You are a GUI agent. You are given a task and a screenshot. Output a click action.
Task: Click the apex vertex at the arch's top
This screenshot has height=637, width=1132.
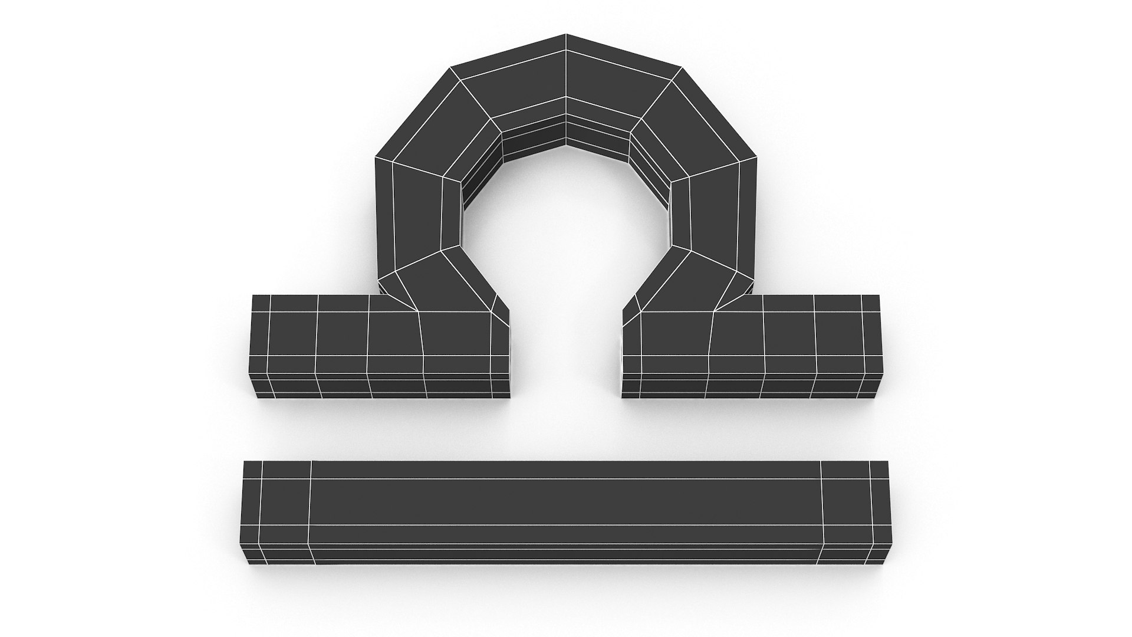pyautogui.click(x=566, y=34)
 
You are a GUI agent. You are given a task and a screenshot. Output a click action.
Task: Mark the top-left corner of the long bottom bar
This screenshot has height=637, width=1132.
pyautogui.click(x=245, y=462)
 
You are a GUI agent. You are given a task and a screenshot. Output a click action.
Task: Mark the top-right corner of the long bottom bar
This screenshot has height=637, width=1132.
pyautogui.click(x=887, y=462)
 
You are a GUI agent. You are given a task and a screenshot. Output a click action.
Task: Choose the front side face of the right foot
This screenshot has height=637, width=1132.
pyautogui.click(x=755, y=383)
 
